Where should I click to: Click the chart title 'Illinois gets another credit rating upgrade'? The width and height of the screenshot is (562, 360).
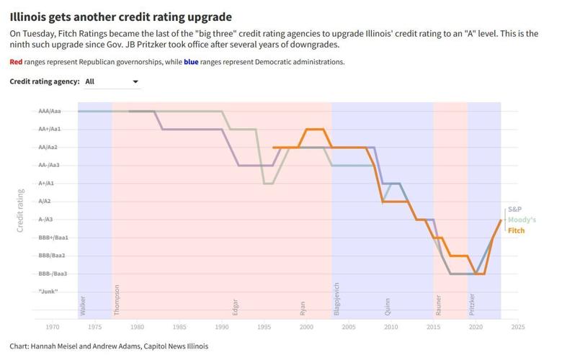click(x=121, y=16)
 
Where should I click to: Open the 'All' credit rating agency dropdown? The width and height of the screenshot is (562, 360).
click(x=112, y=82)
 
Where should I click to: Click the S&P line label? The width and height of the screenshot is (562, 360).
click(x=514, y=209)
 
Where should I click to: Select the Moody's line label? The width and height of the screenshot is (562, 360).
click(x=522, y=220)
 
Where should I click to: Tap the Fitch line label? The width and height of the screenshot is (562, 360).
click(x=516, y=230)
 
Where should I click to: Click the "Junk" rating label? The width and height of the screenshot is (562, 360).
click(x=48, y=292)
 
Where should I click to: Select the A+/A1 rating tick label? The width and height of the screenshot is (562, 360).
click(x=50, y=184)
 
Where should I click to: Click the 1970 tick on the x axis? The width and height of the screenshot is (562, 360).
click(x=53, y=326)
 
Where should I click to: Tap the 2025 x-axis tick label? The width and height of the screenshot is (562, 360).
click(x=517, y=326)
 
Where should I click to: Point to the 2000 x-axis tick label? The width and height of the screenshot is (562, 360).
click(x=306, y=326)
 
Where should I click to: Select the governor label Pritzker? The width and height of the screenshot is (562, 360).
click(x=472, y=303)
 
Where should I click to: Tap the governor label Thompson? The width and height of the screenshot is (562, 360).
click(x=117, y=300)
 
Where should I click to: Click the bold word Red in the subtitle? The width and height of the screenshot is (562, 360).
click(x=16, y=62)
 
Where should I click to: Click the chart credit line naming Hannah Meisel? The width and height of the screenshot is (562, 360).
click(x=109, y=346)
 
